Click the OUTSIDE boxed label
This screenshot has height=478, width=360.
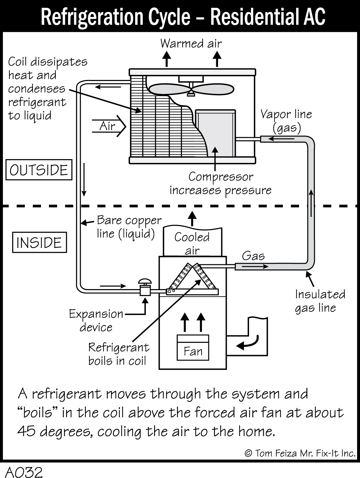(x=39, y=170)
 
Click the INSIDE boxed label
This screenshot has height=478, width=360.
(x=39, y=243)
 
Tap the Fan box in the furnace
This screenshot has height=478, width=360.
(x=193, y=351)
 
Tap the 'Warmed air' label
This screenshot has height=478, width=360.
(x=191, y=43)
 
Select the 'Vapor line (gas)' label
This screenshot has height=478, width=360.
(x=286, y=121)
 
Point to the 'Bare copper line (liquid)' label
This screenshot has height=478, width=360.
(x=129, y=227)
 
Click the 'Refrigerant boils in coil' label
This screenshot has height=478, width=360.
(x=118, y=354)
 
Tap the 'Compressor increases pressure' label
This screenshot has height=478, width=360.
(x=221, y=183)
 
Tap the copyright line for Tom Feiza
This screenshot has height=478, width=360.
(x=300, y=453)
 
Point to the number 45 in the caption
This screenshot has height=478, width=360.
(x=26, y=431)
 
